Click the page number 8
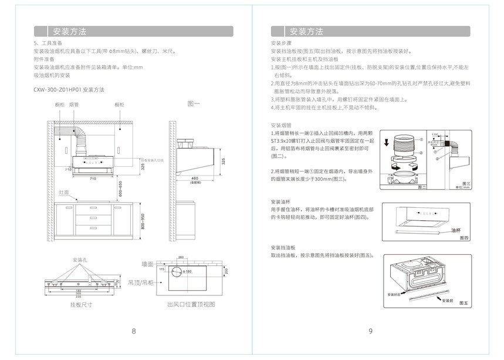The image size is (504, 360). click(134, 331)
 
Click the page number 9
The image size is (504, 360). click(370, 331)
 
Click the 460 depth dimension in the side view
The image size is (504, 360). click(194, 178)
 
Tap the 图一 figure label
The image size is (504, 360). click(194, 104)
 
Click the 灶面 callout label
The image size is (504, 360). click(64, 193)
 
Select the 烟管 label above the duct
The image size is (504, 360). click(75, 104)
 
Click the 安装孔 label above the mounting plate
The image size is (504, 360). click(80, 260)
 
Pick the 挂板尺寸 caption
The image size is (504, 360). click(81, 305)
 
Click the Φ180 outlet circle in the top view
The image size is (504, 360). click(178, 271)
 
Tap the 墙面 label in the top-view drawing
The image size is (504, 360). click(147, 264)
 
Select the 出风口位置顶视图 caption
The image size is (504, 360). click(191, 305)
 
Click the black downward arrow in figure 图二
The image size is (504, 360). click(387, 142)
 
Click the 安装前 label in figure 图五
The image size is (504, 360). click(448, 300)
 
